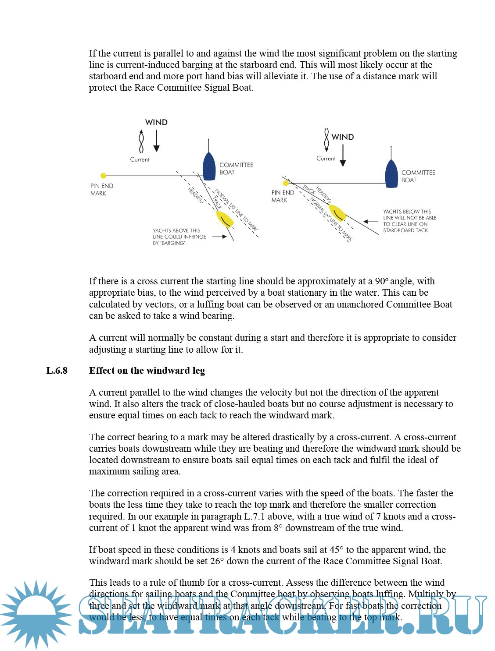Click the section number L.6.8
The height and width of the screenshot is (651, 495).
(57, 371)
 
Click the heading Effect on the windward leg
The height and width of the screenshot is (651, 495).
(147, 371)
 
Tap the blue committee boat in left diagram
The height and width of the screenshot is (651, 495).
(209, 165)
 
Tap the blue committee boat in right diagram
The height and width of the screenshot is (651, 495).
(391, 173)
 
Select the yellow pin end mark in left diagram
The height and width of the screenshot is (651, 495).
(104, 176)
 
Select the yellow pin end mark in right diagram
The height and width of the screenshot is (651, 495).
(286, 183)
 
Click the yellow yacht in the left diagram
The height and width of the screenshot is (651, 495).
(225, 219)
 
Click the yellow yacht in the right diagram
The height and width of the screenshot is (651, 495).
(337, 212)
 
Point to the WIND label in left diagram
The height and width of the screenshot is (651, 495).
(156, 122)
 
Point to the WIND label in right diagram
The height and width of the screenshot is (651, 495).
(342, 137)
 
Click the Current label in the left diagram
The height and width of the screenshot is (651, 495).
(140, 159)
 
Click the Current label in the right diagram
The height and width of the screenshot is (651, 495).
(326, 159)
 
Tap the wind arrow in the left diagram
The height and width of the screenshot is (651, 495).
(156, 141)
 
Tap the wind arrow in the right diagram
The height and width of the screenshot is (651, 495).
(343, 156)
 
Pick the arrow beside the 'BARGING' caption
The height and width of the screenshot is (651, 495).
(219, 237)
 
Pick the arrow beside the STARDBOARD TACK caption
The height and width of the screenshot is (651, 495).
(370, 221)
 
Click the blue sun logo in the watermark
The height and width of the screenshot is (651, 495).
(36, 613)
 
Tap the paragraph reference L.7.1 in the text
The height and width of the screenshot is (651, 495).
(254, 517)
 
